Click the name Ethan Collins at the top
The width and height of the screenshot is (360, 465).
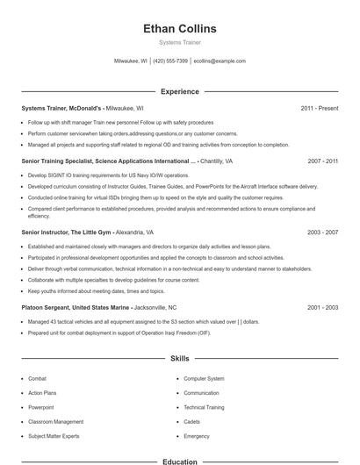(x=179, y=29)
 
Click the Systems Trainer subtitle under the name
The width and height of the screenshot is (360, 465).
(x=179, y=42)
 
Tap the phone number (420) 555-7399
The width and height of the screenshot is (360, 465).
(x=170, y=61)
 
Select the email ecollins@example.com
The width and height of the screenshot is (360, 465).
(x=220, y=61)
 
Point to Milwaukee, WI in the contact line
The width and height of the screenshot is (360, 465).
(x=131, y=61)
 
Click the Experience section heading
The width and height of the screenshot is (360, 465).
(x=179, y=91)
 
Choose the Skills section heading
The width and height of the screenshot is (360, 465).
(x=179, y=359)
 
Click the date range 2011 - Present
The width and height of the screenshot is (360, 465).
(x=319, y=108)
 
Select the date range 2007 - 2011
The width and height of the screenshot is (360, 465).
(x=322, y=161)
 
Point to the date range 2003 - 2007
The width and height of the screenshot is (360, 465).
(x=322, y=233)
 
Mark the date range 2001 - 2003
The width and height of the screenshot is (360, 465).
(x=322, y=308)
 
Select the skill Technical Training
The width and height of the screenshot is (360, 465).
(x=204, y=408)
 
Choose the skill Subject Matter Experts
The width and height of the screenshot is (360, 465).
(x=54, y=436)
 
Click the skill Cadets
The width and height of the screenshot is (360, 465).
(x=192, y=422)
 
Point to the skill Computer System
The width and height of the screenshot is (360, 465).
(x=204, y=379)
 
